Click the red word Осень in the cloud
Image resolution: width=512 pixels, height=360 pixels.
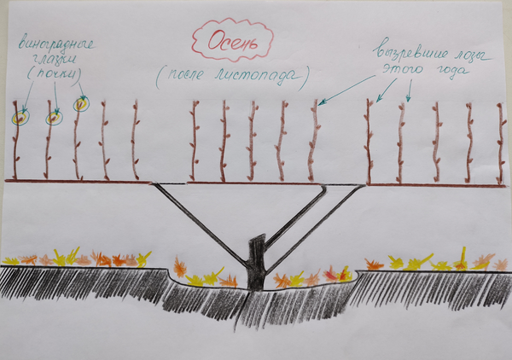[232, 42]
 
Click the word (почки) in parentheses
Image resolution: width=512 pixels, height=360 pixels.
[55, 74]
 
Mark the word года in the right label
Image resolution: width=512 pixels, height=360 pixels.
[451, 70]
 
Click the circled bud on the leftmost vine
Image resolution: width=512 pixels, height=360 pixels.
[20, 118]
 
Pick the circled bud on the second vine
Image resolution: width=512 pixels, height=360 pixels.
[54, 118]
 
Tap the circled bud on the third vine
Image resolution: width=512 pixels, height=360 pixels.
[80, 104]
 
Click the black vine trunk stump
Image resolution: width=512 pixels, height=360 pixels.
[257, 263]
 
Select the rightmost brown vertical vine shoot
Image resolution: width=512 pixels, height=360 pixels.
[500, 143]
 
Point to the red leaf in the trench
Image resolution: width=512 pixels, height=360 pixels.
[331, 276]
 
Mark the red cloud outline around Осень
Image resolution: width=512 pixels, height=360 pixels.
[193, 40]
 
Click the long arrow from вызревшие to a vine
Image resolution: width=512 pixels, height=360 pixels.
[346, 89]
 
